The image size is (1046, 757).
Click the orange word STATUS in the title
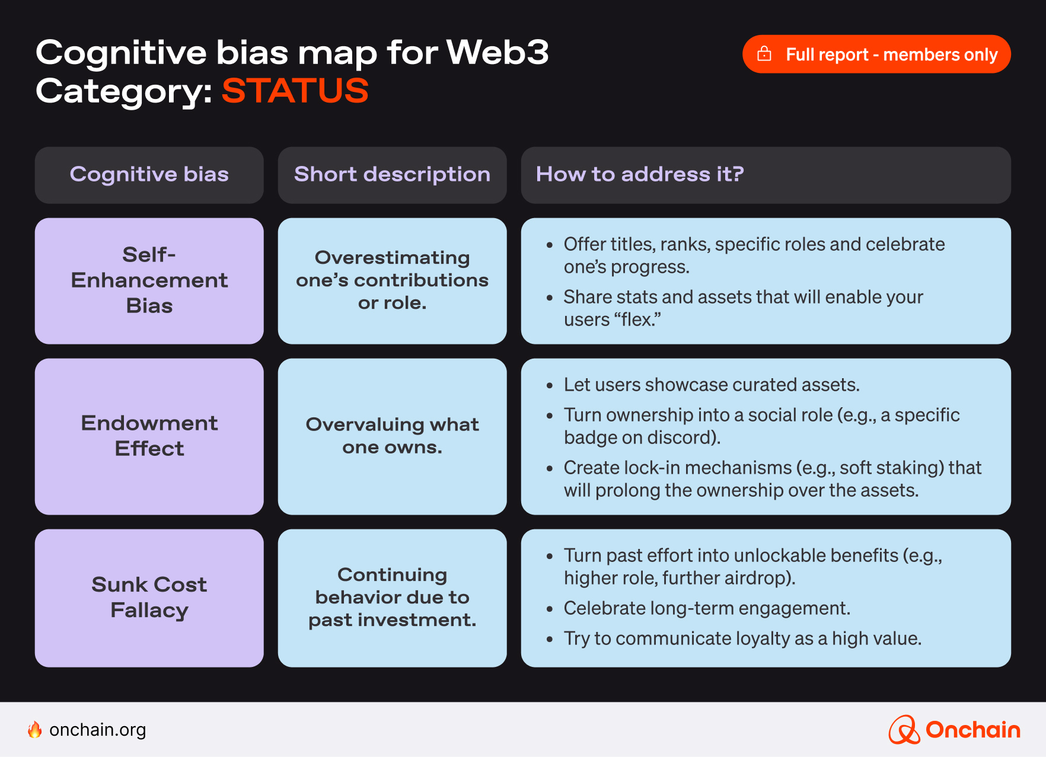tap(295, 91)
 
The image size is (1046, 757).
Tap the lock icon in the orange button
tap(764, 54)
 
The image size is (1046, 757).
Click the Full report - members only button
tap(876, 54)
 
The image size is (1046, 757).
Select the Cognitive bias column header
tap(149, 175)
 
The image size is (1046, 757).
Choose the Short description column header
tap(392, 175)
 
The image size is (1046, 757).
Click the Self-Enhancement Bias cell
tap(149, 280)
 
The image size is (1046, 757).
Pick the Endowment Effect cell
tap(149, 436)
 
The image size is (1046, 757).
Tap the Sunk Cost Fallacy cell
tap(149, 598)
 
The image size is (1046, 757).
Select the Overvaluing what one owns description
tap(392, 436)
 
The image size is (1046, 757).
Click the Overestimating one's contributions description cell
tap(392, 280)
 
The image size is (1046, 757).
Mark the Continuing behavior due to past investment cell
tap(392, 598)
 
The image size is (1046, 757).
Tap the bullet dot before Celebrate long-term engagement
tap(550, 609)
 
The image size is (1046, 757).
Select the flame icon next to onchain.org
tap(35, 730)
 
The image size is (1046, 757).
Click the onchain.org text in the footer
tap(97, 730)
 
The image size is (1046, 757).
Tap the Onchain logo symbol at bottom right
tap(903, 730)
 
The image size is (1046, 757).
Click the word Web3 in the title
tap(497, 53)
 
